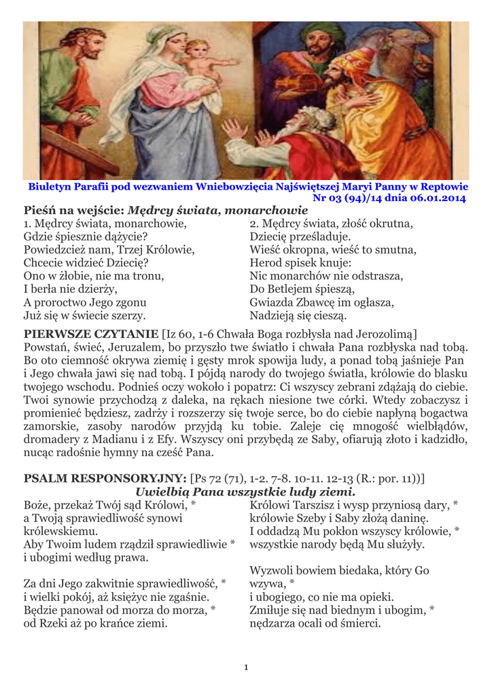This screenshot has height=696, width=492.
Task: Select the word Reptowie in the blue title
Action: click(446, 186)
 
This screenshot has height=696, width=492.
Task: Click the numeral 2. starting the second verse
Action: click(254, 224)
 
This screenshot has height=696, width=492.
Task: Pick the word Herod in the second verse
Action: click(266, 262)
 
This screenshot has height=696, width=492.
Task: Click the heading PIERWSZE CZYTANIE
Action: click(90, 334)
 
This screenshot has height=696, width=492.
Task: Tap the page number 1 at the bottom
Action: click(246, 667)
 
